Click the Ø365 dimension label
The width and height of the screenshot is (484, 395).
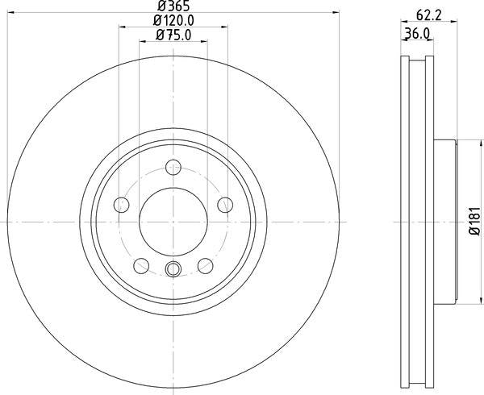[173, 6]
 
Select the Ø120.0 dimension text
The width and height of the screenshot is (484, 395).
[173, 21]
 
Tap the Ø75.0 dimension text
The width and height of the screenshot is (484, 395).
[173, 35]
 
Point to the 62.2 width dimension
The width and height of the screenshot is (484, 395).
[429, 15]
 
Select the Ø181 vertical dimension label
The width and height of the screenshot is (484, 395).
[476, 221]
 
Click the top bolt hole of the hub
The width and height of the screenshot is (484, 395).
[173, 167]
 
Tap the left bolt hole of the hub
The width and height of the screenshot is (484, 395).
[121, 205]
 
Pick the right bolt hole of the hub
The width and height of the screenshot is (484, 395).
[225, 205]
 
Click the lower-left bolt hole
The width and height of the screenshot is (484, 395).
[141, 266]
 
